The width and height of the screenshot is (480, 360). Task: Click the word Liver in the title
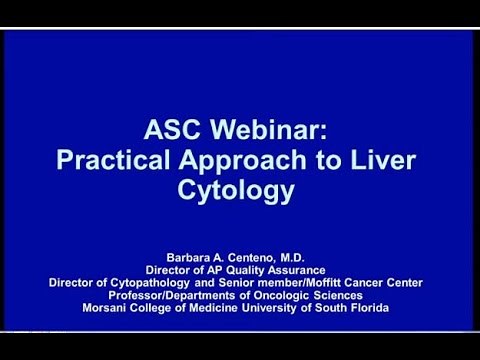366,160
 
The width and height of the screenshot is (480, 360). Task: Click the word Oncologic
288,295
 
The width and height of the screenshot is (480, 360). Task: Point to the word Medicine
220,308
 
